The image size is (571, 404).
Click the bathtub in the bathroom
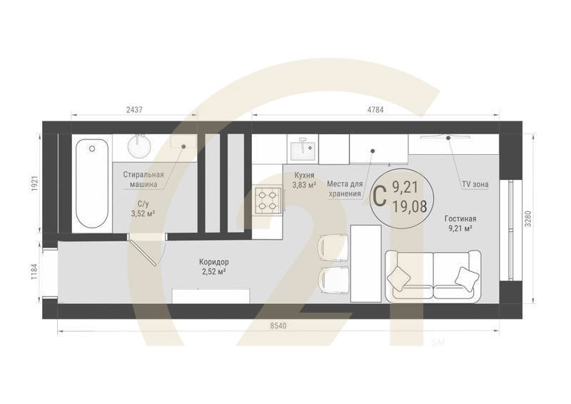coord(92,183)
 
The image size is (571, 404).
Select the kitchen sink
coord(302,148)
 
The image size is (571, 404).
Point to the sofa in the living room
coord(433,276)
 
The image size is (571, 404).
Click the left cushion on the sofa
coord(399,278)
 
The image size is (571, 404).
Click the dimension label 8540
coord(278,325)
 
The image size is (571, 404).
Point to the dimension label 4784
coord(375,109)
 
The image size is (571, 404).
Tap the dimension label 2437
coord(134,109)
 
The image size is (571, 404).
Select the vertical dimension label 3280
coord(528,218)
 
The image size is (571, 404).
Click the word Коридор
coord(213,262)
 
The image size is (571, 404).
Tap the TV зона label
coord(475,184)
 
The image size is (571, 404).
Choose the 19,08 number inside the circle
coord(410,206)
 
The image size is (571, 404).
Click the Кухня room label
coord(304,175)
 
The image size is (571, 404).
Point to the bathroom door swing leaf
coord(143,251)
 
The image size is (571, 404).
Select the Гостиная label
coord(460,219)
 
